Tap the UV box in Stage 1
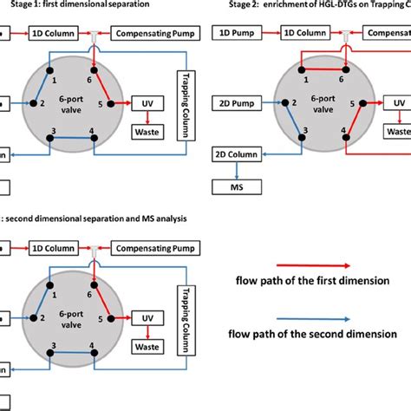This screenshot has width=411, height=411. tap(147, 102)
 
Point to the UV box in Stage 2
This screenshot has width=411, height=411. tap(398, 102)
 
